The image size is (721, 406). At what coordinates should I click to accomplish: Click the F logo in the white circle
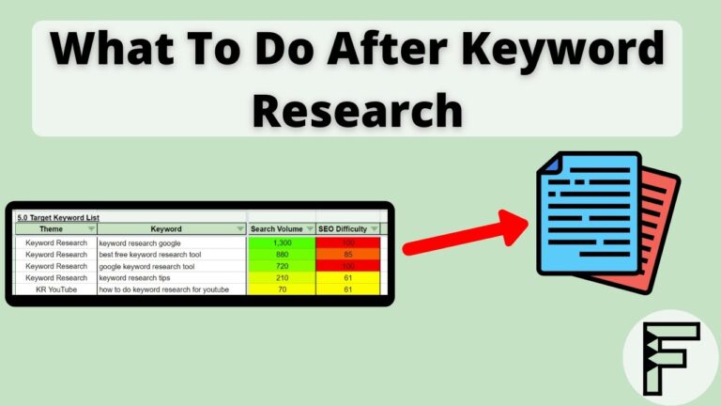pyautogui.click(x=669, y=357)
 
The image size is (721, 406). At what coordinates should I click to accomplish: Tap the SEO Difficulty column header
pyautogui.click(x=346, y=228)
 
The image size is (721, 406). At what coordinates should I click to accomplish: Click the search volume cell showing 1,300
pyautogui.click(x=282, y=242)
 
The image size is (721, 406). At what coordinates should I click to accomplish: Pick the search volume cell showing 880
pyautogui.click(x=282, y=255)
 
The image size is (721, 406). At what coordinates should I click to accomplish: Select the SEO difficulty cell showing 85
pyautogui.click(x=347, y=255)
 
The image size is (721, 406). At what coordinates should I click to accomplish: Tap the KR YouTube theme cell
pyautogui.click(x=56, y=289)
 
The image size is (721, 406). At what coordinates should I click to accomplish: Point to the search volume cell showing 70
pyautogui.click(x=282, y=289)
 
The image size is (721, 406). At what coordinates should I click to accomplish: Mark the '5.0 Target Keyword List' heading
pyautogui.click(x=57, y=217)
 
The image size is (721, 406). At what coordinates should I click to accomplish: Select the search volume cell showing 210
pyautogui.click(x=282, y=277)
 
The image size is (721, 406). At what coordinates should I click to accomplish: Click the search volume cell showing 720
pyautogui.click(x=282, y=266)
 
